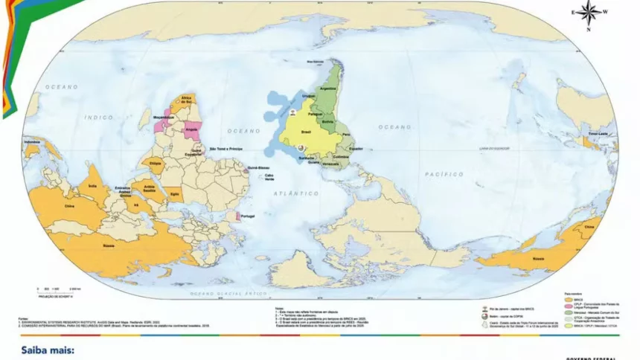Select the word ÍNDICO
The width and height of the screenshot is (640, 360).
[98, 117]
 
